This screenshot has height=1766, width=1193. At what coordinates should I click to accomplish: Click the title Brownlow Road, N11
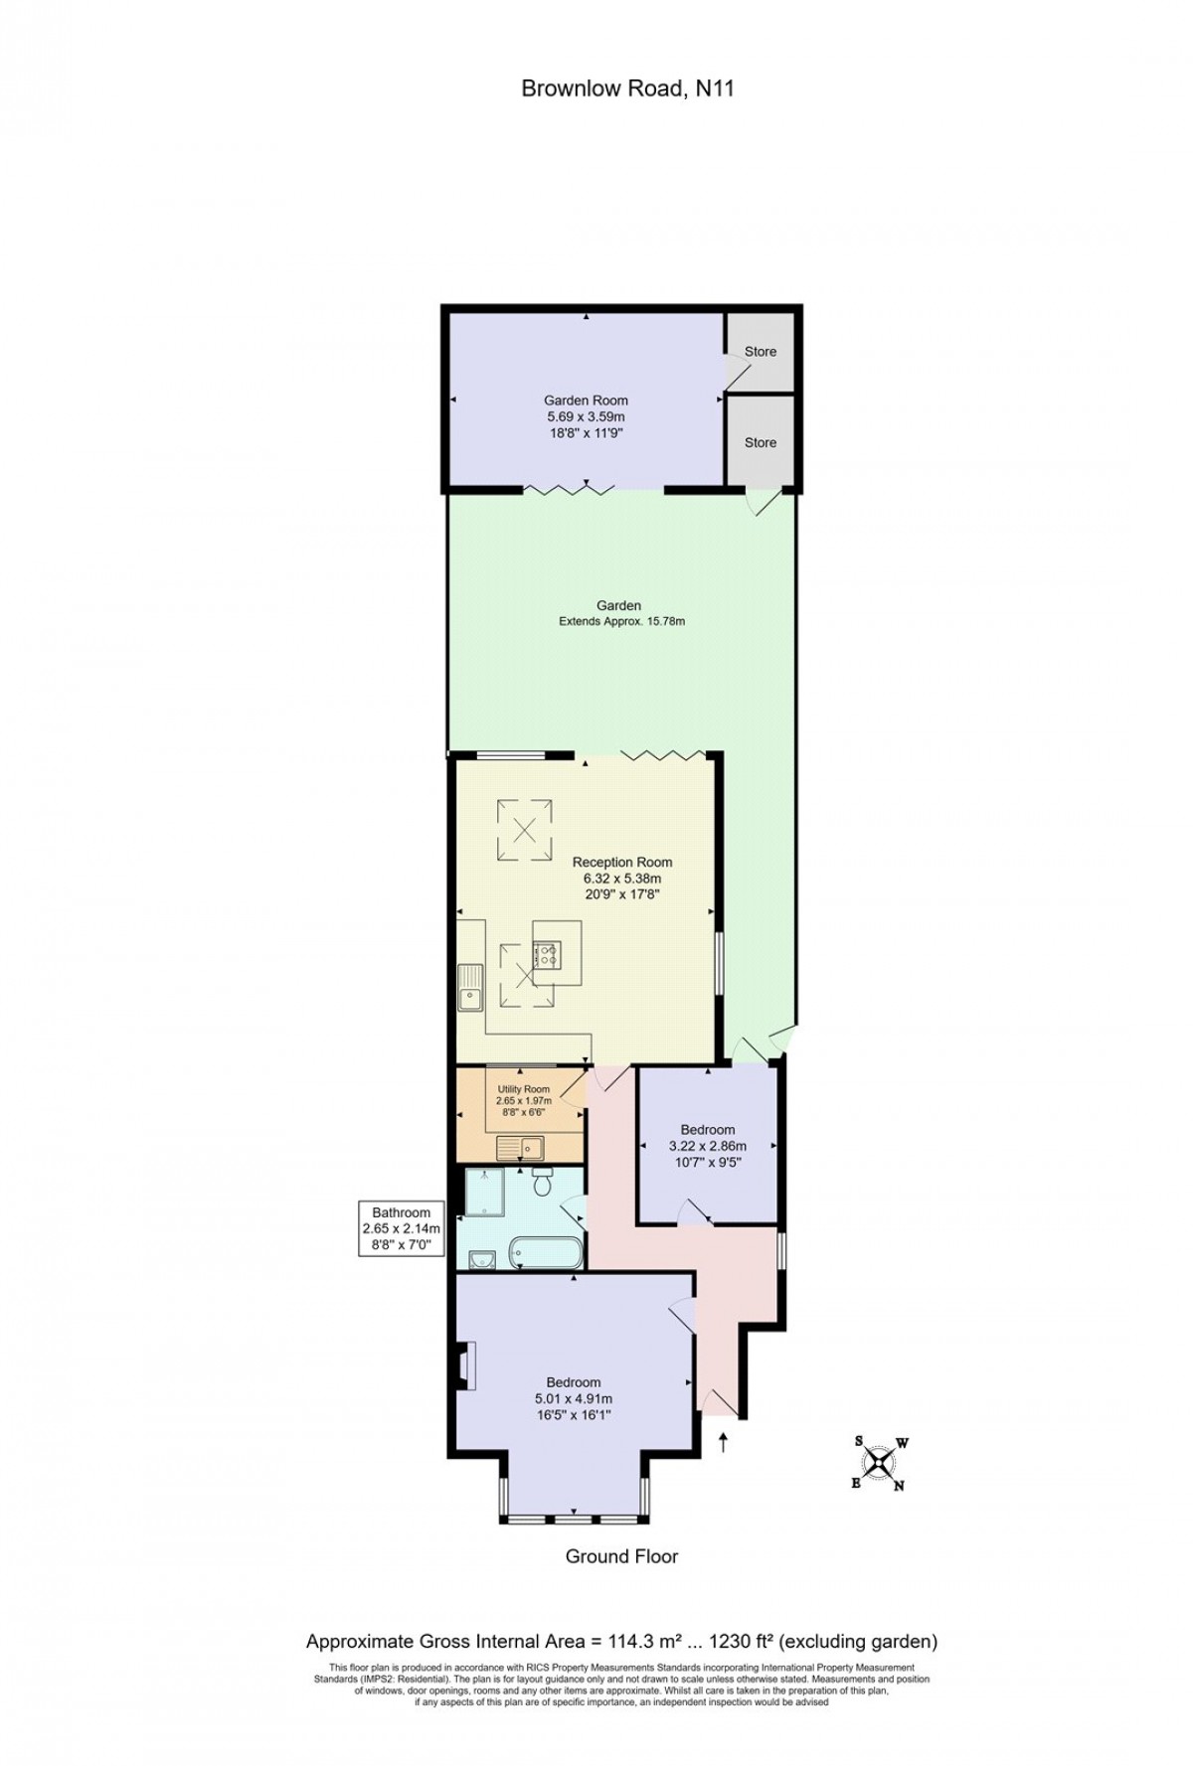point(627,88)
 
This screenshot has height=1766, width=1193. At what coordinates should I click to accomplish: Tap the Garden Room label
point(586,401)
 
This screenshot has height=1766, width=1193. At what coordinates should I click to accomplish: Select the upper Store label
point(761,351)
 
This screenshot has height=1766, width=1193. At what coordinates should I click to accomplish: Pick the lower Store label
point(761,442)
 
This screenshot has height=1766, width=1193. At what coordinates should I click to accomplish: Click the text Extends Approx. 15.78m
point(622,622)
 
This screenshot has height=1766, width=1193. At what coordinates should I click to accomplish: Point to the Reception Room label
point(622,862)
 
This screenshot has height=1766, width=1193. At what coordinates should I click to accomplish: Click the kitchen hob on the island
point(547,955)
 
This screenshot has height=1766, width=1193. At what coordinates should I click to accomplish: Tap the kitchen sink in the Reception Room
point(470,988)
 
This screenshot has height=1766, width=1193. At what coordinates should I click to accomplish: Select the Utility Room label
point(524,1089)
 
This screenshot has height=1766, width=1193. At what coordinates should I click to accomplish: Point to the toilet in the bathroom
point(543,1183)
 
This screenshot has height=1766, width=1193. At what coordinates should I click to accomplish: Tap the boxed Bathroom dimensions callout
point(402,1228)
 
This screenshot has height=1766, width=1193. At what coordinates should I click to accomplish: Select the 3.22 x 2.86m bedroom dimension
point(708,1145)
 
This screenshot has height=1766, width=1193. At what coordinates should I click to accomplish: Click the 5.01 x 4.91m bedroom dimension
point(573,1398)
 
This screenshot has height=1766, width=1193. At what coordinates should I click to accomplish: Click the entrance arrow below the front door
point(723,1442)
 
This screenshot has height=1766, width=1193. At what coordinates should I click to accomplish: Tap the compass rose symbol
point(879,1462)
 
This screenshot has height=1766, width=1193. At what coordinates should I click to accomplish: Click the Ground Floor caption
point(621,1556)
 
